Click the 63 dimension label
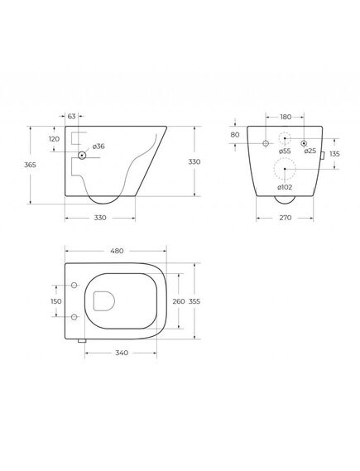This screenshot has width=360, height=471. coord(72,116)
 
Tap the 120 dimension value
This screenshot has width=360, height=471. coord(54,139)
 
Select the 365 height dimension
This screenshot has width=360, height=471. coord(30,165)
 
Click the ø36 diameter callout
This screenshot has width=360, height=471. coord(98,147)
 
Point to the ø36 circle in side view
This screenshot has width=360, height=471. coord(82,156)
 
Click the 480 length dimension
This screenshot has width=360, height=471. coord(117,251)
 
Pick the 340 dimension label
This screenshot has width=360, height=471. coord(122,353)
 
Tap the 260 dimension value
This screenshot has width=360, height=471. coord(179,301)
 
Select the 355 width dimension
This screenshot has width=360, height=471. coord(194,301)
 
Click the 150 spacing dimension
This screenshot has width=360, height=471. coord(56,301)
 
